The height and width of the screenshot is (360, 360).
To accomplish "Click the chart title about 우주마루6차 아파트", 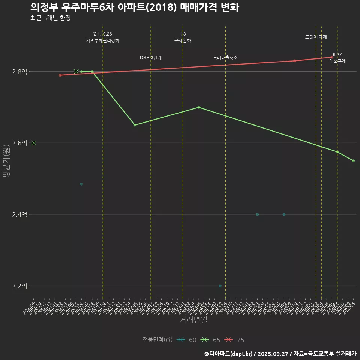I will tap(135, 7).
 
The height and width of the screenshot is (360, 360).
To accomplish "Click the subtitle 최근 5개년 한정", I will tap(50, 18).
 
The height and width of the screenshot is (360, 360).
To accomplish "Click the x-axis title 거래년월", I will tap(193, 320).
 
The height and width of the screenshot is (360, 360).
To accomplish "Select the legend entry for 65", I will tap(211, 340).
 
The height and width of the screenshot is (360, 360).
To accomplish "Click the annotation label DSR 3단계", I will tap(151, 58).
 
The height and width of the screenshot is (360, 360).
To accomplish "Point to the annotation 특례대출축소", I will tap(225, 58).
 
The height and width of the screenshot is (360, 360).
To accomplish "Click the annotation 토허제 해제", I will tap(316, 37).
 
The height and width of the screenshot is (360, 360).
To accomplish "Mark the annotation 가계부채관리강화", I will tap(103, 40).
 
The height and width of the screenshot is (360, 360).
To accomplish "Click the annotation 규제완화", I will tap(183, 40).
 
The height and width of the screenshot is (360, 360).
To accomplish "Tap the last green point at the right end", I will tap(353, 161).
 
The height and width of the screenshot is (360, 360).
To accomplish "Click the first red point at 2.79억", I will tap(60, 75).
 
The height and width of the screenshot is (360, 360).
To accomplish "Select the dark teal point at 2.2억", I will tap(220, 286).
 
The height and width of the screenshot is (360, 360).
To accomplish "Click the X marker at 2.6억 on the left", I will tap(34, 143).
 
